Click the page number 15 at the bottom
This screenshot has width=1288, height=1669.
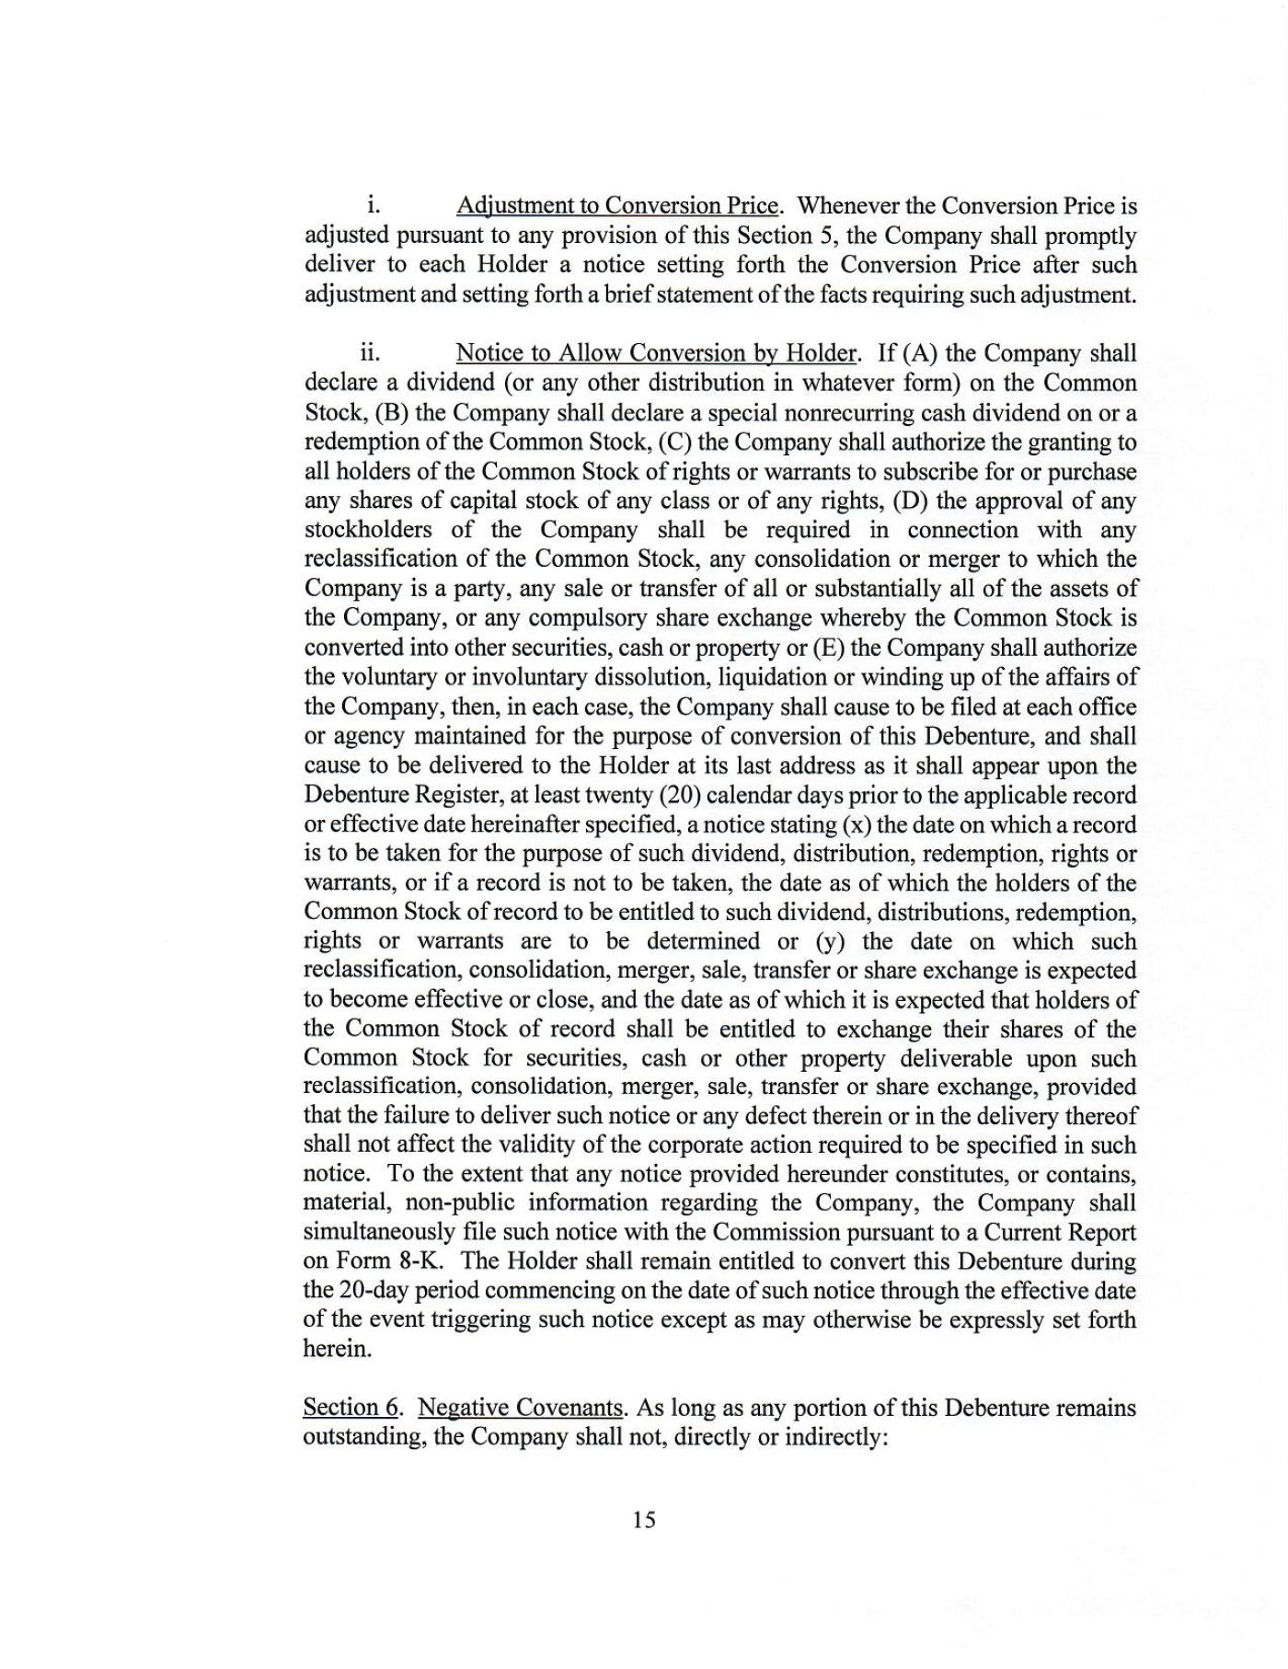point(644,1520)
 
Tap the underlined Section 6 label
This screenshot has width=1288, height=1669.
point(351,1408)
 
